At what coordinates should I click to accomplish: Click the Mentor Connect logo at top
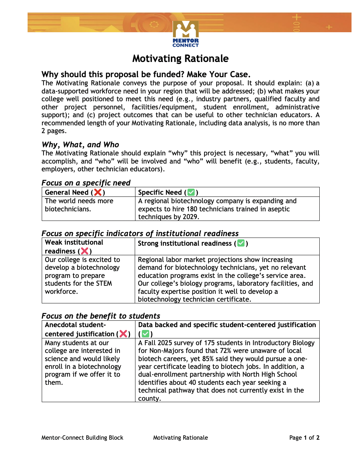(x=186, y=34)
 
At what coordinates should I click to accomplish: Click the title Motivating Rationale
(x=180, y=58)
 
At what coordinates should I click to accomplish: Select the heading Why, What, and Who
(x=80, y=144)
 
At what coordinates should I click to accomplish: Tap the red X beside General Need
(x=98, y=192)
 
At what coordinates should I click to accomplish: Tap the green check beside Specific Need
(x=191, y=192)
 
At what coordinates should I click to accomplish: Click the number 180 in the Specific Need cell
(x=192, y=209)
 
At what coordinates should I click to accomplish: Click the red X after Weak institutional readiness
(x=85, y=251)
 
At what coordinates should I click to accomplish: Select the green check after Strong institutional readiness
(x=241, y=243)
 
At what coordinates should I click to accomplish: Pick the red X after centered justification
(x=123, y=334)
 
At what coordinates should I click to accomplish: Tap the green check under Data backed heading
(x=145, y=334)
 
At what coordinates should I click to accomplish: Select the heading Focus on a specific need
(x=86, y=183)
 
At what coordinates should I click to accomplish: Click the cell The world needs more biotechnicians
(x=79, y=205)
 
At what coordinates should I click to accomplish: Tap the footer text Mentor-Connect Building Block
(x=82, y=438)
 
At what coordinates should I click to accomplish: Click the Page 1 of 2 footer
(x=304, y=438)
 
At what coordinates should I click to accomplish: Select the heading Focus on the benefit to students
(x=101, y=316)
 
